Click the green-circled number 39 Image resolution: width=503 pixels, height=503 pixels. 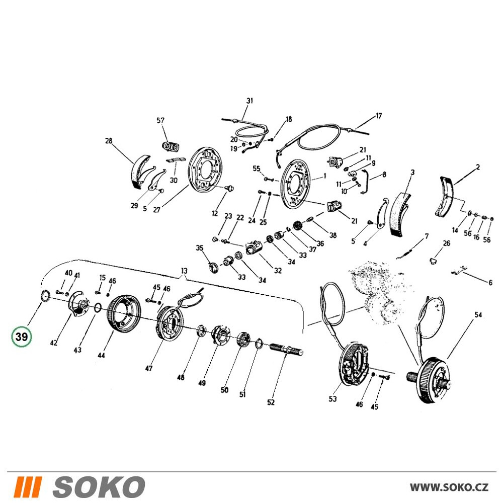pos(22,337)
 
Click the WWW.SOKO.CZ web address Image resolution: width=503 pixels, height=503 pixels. pos(449,487)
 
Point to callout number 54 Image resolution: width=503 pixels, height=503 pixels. pos(478,315)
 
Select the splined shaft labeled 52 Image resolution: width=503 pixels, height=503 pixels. pos(287,349)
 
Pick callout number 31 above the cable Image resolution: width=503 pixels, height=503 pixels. pos(249,101)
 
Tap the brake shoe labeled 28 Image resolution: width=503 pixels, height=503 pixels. pos(139,172)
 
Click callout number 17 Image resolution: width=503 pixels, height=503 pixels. pos(379,116)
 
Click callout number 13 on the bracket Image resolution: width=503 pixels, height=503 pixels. pos(184,271)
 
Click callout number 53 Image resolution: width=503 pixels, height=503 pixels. pos(332,399)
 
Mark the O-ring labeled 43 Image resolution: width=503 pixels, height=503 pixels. pos(98,308)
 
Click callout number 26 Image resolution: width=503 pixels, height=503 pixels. pos(447,243)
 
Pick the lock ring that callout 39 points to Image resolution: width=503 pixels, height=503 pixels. pos(45,295)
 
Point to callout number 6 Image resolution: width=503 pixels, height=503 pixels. pos(490,283)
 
